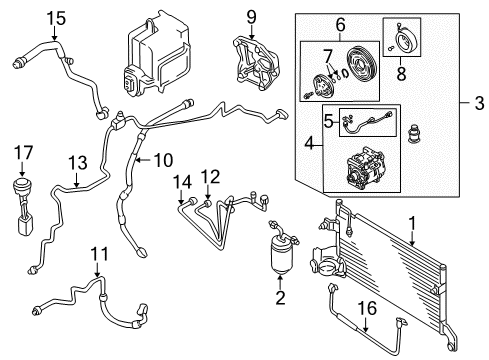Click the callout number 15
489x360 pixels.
tap(56, 18)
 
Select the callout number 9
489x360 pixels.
tap(252, 17)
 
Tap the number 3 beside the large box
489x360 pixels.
tap(479, 103)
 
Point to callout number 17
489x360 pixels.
tap(23, 153)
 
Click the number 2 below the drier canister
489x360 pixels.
tap(280, 298)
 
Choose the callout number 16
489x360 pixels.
tap(367, 308)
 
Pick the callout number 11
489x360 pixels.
tap(100, 254)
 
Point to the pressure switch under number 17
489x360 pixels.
tap(23, 207)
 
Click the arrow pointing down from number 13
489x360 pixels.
tap(77, 179)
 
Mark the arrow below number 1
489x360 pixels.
tap(413, 238)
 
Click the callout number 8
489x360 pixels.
tap(401, 73)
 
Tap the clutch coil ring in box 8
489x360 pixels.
tap(404, 42)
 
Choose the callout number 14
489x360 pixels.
tap(182, 182)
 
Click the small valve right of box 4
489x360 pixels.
tap(414, 134)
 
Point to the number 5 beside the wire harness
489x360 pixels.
tap(329, 122)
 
